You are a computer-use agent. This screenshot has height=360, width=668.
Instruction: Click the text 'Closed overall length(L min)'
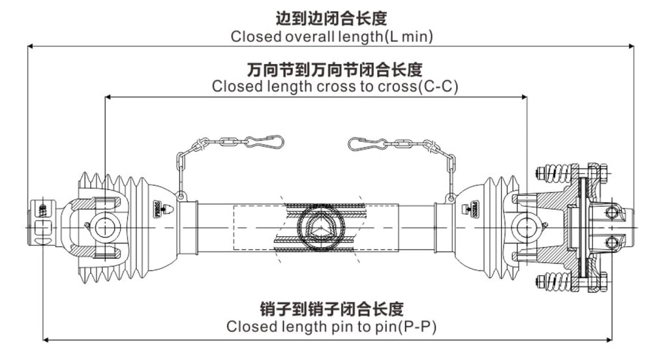331,37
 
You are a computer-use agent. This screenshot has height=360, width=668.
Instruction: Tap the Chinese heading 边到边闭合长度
331,18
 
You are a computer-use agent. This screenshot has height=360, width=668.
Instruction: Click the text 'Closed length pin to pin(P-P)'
331,326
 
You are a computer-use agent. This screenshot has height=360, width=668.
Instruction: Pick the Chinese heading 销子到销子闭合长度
331,308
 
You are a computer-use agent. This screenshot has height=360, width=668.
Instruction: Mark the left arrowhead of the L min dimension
30,46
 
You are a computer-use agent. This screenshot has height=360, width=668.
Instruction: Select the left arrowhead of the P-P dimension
46,338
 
